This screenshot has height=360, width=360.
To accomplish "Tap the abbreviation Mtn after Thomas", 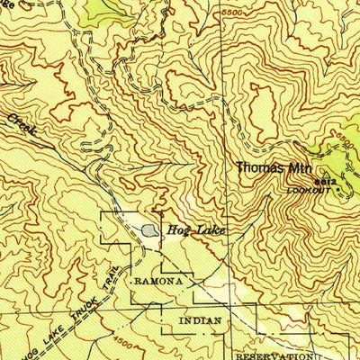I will pyautogui.click(x=297, y=168).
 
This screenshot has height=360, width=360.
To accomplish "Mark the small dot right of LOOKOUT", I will pyautogui.click(x=338, y=190).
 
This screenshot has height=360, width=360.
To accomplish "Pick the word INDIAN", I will pyautogui.click(x=199, y=319).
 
